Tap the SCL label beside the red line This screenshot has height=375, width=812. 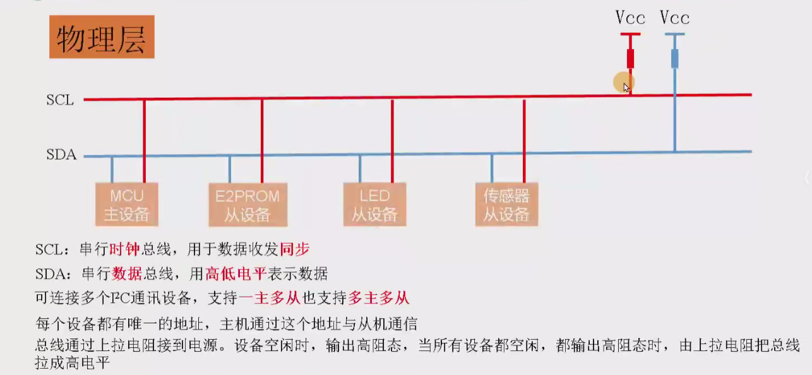click(60, 100)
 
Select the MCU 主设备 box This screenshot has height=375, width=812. click(126, 205)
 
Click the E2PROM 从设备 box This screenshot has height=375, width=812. click(248, 205)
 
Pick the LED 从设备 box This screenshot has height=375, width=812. click(374, 205)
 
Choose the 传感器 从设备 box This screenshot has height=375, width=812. click(506, 205)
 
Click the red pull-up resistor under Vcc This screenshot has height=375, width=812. click(630, 59)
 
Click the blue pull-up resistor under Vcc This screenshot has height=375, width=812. click(674, 59)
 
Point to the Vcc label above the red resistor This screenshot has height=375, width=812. click(630, 17)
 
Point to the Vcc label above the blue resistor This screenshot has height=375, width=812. click(674, 17)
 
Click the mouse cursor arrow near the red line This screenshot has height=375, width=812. click(626, 87)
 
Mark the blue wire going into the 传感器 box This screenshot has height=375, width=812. click(492, 169)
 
